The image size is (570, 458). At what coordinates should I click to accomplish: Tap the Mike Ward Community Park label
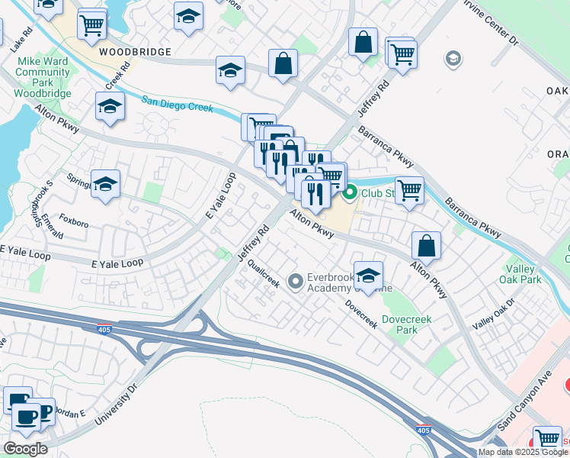click(44, 76)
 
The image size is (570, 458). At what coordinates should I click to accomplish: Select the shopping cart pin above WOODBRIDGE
click(91, 24)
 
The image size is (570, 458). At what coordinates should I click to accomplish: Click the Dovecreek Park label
click(400, 324)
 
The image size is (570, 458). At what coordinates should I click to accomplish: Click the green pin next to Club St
click(350, 192)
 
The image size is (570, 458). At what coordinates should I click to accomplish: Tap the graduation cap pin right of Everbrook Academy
click(368, 276)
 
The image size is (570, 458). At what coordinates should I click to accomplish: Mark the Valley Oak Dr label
click(493, 314)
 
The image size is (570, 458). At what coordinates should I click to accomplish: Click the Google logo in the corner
click(25, 448)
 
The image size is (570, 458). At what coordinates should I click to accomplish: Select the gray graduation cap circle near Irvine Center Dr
click(453, 59)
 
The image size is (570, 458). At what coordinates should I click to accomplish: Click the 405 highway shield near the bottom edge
click(423, 431)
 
